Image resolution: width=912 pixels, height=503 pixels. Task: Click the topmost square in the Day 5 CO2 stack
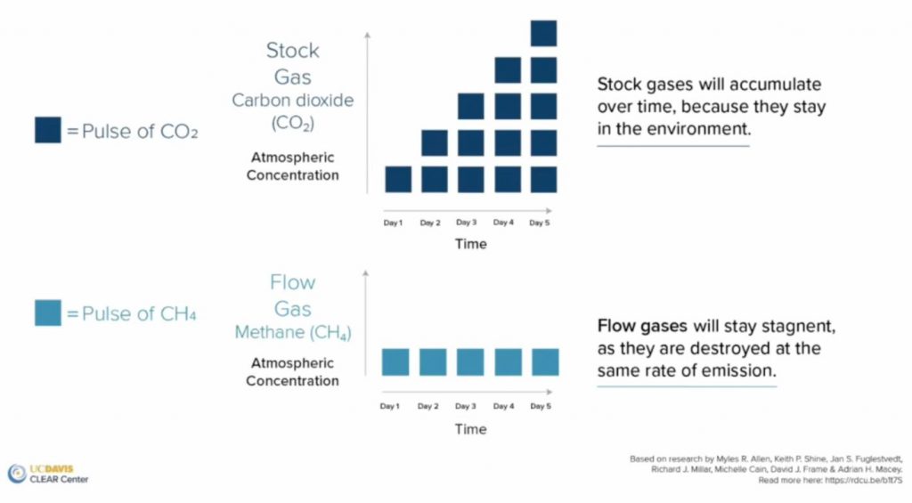pyautogui.click(x=543, y=34)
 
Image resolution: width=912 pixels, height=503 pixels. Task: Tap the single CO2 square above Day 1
pyautogui.click(x=397, y=179)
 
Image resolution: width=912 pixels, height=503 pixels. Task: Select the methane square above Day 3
pyautogui.click(x=470, y=362)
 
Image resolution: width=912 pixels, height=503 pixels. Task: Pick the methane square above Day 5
pyautogui.click(x=545, y=362)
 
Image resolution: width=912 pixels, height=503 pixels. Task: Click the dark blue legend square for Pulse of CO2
pyautogui.click(x=48, y=131)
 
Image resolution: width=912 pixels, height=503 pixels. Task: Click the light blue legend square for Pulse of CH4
pyautogui.click(x=48, y=313)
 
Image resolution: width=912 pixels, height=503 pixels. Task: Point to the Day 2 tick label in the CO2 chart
pyautogui.click(x=430, y=223)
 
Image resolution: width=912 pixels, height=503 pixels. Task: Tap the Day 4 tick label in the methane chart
pyautogui.click(x=504, y=406)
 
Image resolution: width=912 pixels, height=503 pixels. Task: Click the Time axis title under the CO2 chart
pyautogui.click(x=470, y=244)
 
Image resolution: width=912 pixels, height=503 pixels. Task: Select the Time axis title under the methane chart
pyautogui.click(x=470, y=428)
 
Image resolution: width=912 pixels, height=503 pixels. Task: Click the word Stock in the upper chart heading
pyautogui.click(x=292, y=51)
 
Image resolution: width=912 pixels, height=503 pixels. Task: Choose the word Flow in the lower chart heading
pyautogui.click(x=292, y=283)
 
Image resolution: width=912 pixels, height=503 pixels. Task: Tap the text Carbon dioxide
pyautogui.click(x=292, y=100)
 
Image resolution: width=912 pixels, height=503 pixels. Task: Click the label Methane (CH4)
pyautogui.click(x=292, y=333)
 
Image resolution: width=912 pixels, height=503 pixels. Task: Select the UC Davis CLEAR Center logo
pyautogui.click(x=48, y=474)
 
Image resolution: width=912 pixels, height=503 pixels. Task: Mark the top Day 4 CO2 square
pyautogui.click(x=507, y=70)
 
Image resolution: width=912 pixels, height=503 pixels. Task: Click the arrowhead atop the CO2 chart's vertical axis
pyautogui.click(x=367, y=34)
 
